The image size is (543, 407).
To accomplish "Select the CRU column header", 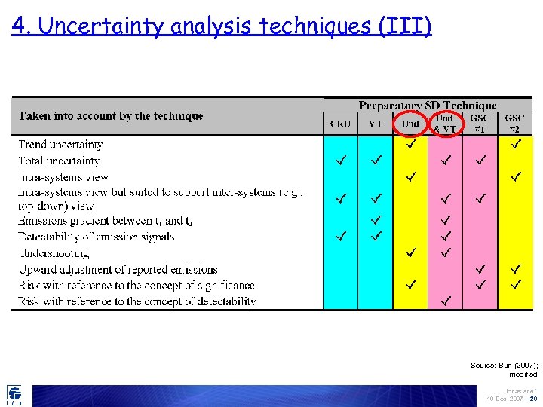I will pyautogui.click(x=341, y=124).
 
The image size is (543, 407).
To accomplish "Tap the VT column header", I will pyautogui.click(x=376, y=124).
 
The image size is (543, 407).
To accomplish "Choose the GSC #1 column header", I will pyautogui.click(x=480, y=123).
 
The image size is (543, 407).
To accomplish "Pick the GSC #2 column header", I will pyautogui.click(x=515, y=123).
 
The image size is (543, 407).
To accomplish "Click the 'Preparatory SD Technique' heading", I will pyautogui.click(x=428, y=106).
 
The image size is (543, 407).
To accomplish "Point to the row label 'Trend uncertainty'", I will pyautogui.click(x=60, y=145).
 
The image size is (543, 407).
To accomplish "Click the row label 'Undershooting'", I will pyautogui.click(x=54, y=253).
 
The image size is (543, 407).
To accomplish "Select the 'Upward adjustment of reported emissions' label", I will pyautogui.click(x=118, y=269).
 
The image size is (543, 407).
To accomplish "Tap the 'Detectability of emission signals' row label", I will pyautogui.click(x=96, y=237).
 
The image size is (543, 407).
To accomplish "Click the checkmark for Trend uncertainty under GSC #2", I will pyautogui.click(x=516, y=144).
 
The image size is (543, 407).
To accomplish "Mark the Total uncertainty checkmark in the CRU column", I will pyautogui.click(x=341, y=160).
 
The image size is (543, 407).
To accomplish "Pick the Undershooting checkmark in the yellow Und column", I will pyautogui.click(x=411, y=251).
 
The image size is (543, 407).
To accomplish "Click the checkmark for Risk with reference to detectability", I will pyautogui.click(x=446, y=301).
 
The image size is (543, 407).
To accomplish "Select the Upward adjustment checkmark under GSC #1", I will pyautogui.click(x=480, y=268).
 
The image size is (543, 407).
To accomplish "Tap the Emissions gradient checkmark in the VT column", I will pyautogui.click(x=376, y=220).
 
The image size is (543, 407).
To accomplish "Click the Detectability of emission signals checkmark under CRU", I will pyautogui.click(x=341, y=236).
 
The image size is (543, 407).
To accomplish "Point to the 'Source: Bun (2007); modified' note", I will pyautogui.click(x=504, y=369).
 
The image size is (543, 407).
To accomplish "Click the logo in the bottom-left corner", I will pyautogui.click(x=14, y=395).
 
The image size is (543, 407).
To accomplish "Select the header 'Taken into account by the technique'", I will pyautogui.click(x=111, y=116).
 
